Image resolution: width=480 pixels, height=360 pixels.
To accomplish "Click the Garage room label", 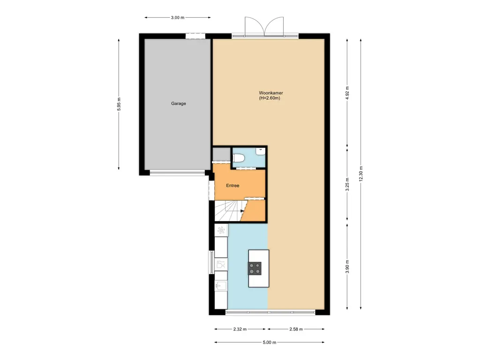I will click(178, 104).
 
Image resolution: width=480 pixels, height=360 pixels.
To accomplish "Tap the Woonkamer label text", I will click(270, 93).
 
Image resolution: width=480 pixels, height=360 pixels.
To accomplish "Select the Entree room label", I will click(232, 186).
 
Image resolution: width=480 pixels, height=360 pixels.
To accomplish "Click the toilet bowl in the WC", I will click(238, 158).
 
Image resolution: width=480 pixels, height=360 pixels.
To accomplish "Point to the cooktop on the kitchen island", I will click(255, 268).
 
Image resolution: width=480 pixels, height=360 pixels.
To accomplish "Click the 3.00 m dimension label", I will click(177, 17).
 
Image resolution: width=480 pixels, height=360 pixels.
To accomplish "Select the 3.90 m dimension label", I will click(347, 267).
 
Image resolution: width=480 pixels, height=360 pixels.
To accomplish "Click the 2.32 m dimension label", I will click(240, 329).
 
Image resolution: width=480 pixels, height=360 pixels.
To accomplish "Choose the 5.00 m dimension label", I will click(270, 343).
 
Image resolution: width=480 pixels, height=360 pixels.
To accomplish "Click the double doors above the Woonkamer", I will click(264, 26).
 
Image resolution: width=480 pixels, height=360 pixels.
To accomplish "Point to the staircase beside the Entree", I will click(228, 210).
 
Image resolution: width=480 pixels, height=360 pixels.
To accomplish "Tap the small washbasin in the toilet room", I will click(259, 151).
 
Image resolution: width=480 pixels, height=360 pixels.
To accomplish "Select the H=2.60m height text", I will click(270, 98).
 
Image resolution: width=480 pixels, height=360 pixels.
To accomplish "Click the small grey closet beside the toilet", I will click(221, 154).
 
